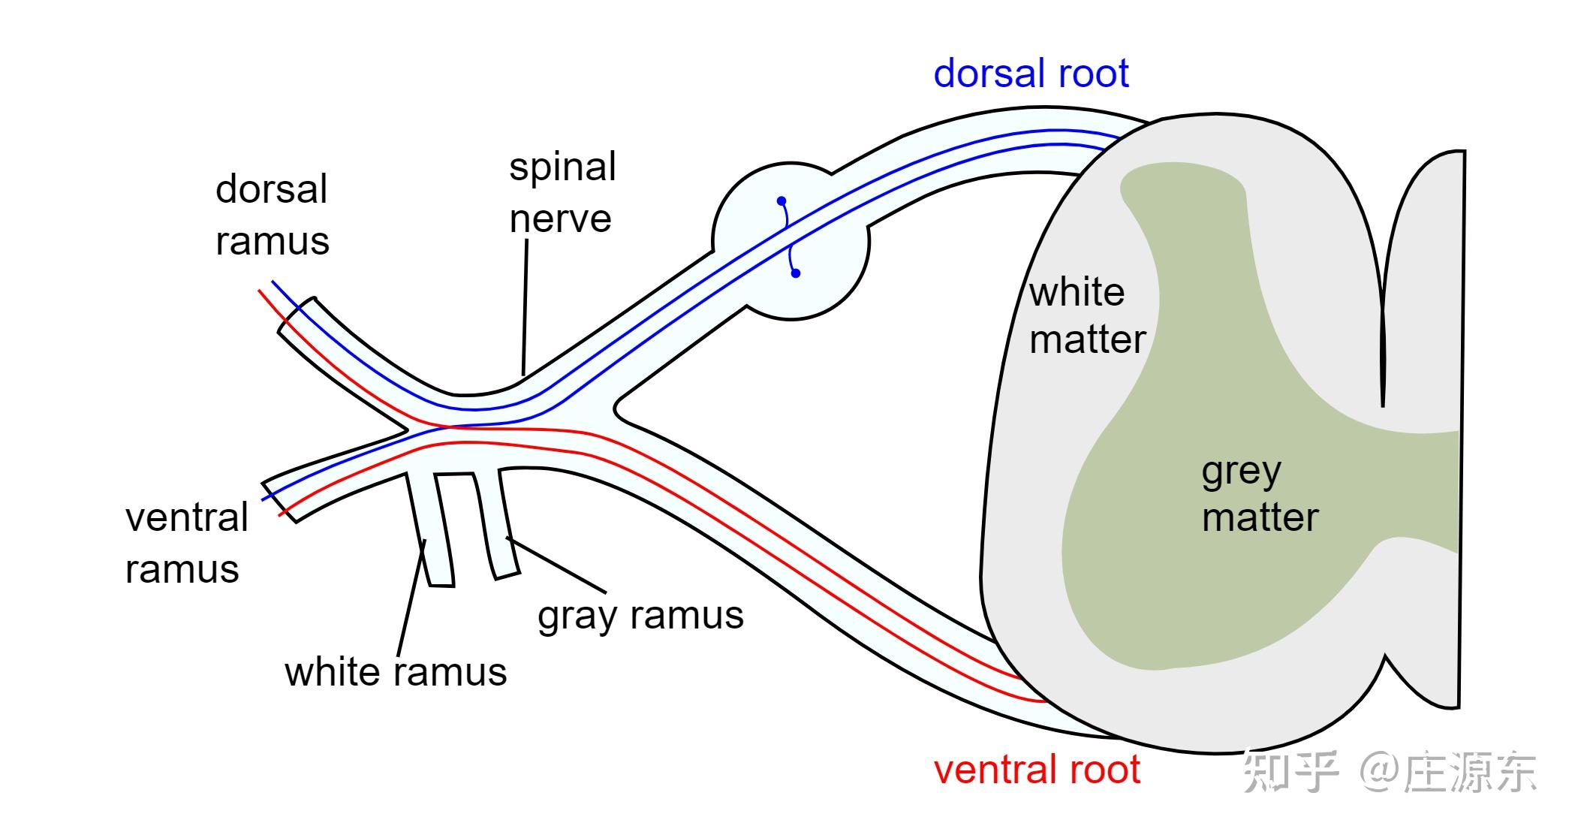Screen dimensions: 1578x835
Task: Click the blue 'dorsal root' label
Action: click(x=1031, y=74)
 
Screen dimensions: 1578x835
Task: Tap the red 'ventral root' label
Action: click(x=1037, y=770)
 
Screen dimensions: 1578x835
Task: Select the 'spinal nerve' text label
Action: click(x=562, y=192)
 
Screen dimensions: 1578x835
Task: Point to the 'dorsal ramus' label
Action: click(x=272, y=215)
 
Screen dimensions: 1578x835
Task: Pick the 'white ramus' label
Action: click(x=396, y=671)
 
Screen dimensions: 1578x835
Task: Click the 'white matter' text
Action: click(x=1087, y=315)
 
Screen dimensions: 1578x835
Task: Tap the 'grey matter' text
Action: click(x=1260, y=496)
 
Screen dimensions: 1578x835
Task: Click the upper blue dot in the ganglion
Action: click(x=781, y=201)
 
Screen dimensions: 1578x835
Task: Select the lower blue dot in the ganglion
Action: click(x=796, y=273)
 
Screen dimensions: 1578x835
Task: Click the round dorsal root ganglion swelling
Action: click(x=791, y=241)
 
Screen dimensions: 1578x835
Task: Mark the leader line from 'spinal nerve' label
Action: click(x=525, y=306)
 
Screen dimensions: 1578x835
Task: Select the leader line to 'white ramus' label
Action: click(x=411, y=598)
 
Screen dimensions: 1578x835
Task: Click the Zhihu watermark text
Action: click(x=1389, y=772)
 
